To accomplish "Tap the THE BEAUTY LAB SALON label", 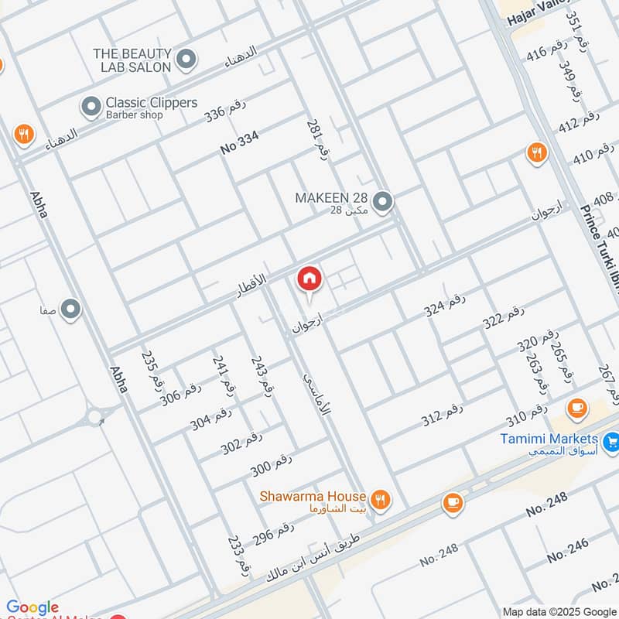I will coord(132,60).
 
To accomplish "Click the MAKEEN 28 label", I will coord(331,198).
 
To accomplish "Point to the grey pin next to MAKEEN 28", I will coord(382,203).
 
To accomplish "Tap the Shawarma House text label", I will coord(313,496).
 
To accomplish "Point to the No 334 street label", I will coord(239,143).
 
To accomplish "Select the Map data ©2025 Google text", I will coord(560,610).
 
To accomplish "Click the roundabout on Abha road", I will coord(97,419).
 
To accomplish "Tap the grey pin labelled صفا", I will coord(71,309).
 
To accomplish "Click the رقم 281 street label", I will coord(318,140).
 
